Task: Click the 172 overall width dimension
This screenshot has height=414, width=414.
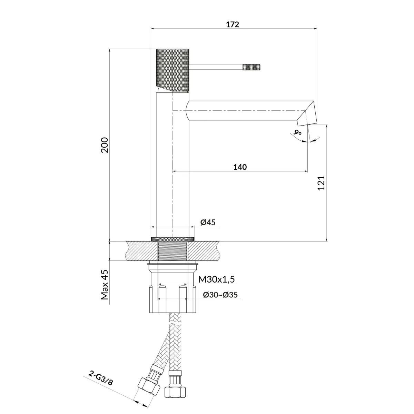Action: [233, 25]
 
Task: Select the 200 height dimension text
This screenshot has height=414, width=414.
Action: [105, 145]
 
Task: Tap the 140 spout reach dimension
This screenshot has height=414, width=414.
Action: [240, 167]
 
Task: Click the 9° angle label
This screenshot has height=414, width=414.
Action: [297, 132]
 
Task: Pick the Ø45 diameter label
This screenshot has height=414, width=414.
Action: [208, 223]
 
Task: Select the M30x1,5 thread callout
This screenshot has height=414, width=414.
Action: [216, 279]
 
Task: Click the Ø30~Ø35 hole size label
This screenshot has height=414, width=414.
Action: [220, 295]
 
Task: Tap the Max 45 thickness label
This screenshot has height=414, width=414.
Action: [105, 285]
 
